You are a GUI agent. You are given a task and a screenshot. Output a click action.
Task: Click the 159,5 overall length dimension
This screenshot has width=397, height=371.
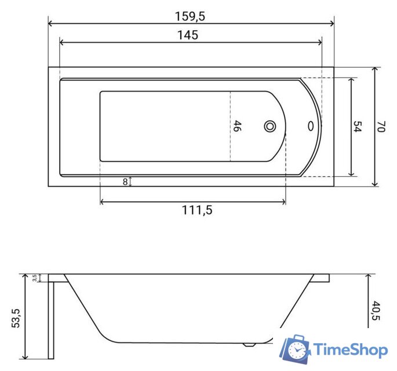pos(191,16)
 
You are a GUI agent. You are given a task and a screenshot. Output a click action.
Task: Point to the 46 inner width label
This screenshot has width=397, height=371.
pos(236,126)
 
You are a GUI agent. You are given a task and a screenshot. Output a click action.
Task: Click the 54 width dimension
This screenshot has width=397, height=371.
pos(358,127)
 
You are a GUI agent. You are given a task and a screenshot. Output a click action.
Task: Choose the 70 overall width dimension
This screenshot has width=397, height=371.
pos(381,127)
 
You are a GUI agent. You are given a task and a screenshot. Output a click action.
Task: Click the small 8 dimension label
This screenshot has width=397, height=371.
pos(125,181)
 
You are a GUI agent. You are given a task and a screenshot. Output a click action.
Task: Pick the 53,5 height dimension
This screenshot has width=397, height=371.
pos(16,318)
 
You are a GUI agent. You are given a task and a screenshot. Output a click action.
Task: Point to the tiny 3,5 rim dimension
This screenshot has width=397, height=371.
pos(35,278)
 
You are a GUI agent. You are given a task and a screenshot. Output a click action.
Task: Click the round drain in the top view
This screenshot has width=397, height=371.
pos(270,126)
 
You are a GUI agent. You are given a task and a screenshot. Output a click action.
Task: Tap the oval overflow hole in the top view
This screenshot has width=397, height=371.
pos(311,126)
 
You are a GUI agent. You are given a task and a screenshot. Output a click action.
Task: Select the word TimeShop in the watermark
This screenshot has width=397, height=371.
pos(350,350)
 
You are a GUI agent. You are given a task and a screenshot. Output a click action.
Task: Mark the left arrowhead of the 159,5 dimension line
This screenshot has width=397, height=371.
pos(50,24)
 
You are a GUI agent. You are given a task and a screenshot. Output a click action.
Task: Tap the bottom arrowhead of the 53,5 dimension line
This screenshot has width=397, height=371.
pos(25,356)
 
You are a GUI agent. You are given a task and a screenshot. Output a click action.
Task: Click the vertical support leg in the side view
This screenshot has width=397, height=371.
pos(50,319)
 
